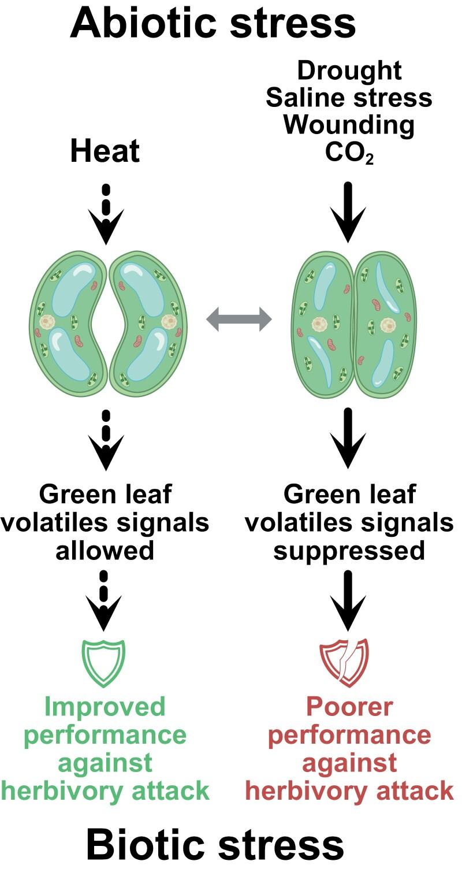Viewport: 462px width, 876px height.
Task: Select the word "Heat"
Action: tap(105, 151)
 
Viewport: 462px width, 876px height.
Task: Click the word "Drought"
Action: tap(349, 70)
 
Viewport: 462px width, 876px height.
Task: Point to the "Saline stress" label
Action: tap(349, 98)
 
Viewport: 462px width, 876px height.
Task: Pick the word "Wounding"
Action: tap(349, 125)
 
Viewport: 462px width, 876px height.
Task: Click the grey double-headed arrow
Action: tap(239, 320)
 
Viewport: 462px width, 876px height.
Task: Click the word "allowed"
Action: tap(105, 550)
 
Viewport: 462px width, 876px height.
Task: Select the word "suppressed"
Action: tap(349, 550)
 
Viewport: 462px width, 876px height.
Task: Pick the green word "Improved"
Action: tap(105, 706)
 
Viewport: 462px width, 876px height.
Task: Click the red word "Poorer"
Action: tap(349, 706)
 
